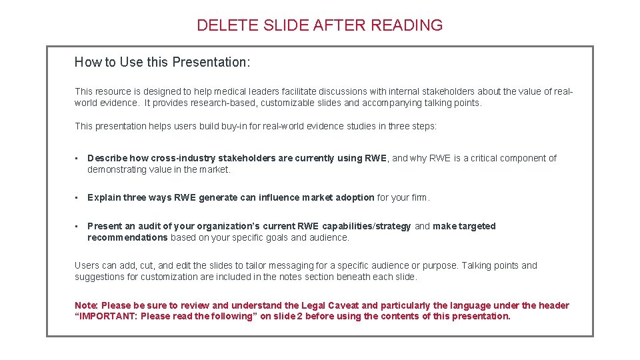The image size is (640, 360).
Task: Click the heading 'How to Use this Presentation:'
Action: (162, 62)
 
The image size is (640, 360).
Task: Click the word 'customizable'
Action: (289, 103)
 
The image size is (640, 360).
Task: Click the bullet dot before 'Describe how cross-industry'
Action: (77, 159)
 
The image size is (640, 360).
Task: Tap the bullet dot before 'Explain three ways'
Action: (77, 198)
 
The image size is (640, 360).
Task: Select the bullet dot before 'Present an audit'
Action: (77, 227)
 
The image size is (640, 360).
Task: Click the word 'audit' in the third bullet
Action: (150, 226)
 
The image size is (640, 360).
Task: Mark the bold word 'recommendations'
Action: (127, 237)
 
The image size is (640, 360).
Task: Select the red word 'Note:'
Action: (87, 305)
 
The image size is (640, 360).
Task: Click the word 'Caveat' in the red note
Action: (343, 305)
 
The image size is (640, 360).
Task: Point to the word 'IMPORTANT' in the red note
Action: (109, 316)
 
